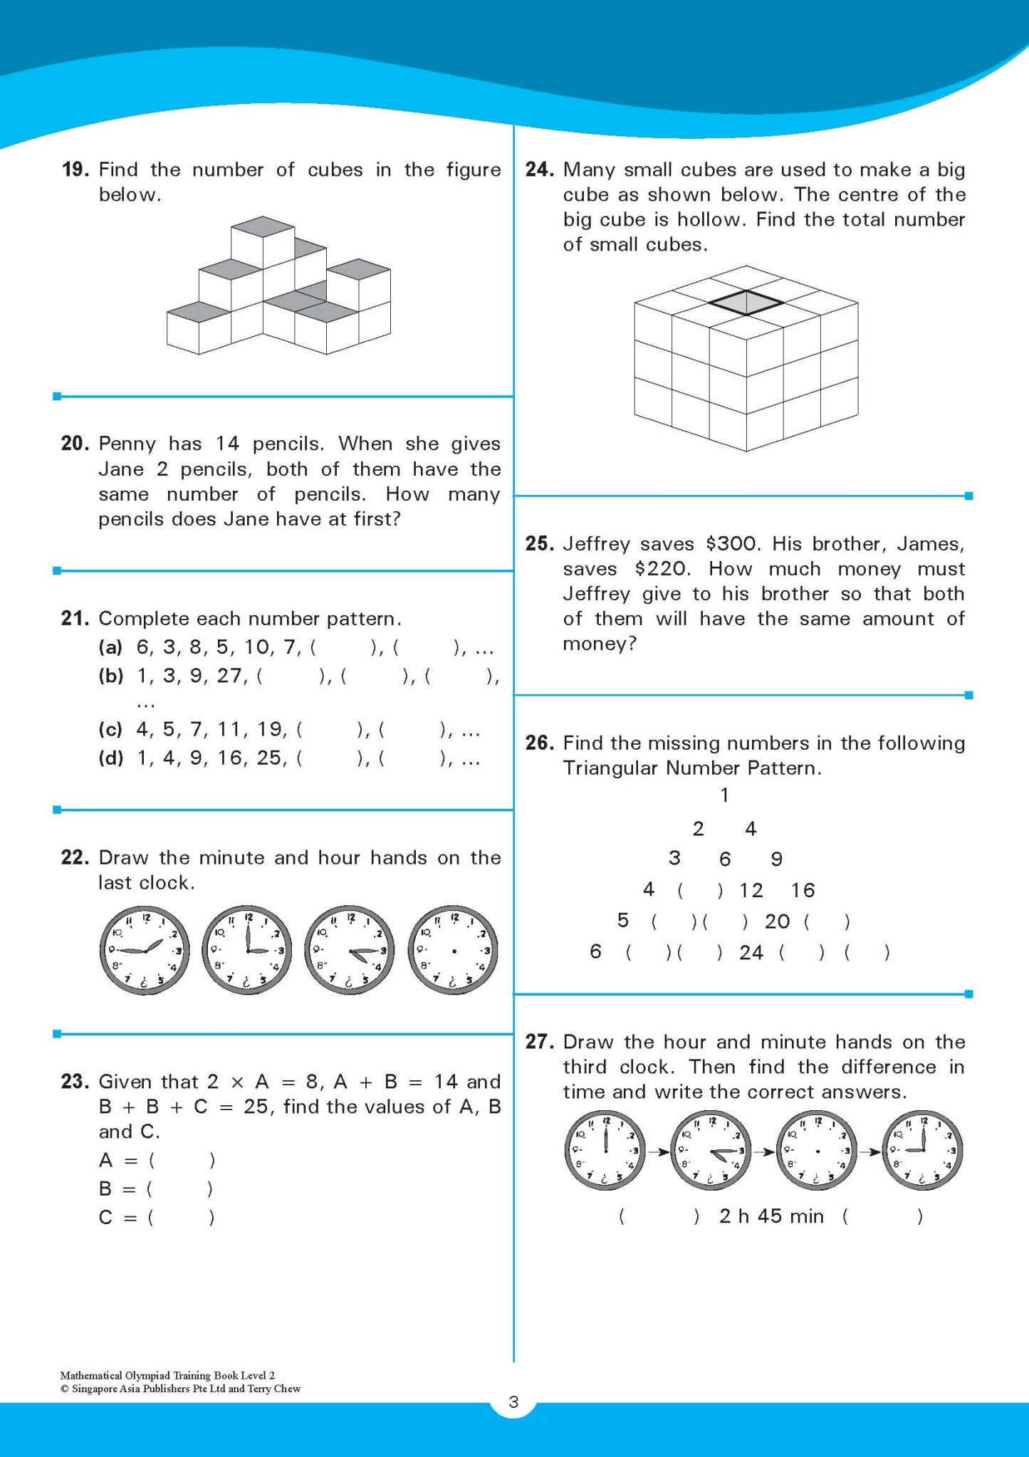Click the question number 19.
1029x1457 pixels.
(x=75, y=169)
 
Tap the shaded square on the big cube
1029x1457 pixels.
(x=746, y=303)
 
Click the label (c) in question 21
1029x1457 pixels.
(x=110, y=729)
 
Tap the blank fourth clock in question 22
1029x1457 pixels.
(x=453, y=950)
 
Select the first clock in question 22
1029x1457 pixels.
(x=145, y=950)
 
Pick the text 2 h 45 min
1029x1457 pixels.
(x=771, y=1216)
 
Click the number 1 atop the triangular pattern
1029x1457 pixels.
(x=724, y=795)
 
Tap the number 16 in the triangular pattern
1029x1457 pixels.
(x=803, y=890)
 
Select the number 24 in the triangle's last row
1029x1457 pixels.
(x=751, y=952)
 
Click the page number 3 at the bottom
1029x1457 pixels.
(x=513, y=1402)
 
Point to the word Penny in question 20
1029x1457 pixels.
(x=127, y=444)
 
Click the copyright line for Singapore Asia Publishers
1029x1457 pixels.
(x=181, y=1388)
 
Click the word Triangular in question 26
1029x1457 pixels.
(x=611, y=768)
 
